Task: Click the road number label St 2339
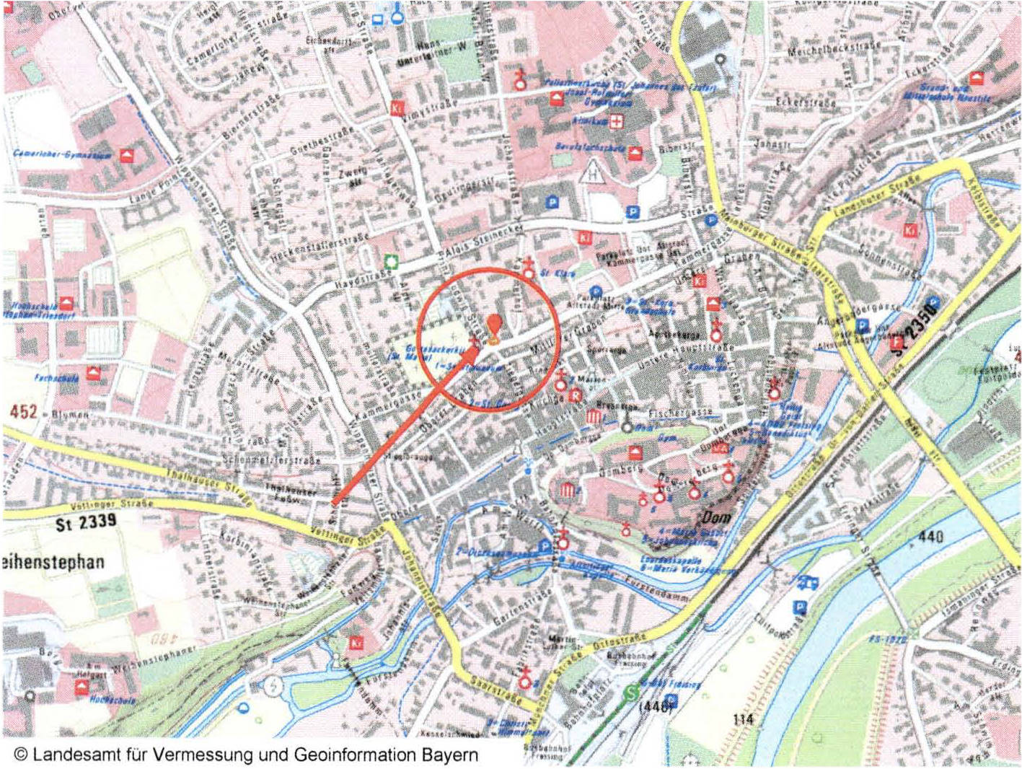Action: pyautogui.click(x=86, y=523)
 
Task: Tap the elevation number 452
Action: pyautogui.click(x=24, y=411)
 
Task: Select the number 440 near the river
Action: pyautogui.click(x=931, y=537)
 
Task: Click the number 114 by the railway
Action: pyautogui.click(x=743, y=719)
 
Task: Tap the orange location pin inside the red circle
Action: pyautogui.click(x=494, y=328)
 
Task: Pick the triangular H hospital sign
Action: pyautogui.click(x=593, y=172)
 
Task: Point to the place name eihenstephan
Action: pyautogui.click(x=54, y=562)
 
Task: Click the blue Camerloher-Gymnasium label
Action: pyautogui.click(x=62, y=154)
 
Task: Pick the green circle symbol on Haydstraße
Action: pyautogui.click(x=391, y=261)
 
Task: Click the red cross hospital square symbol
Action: pyautogui.click(x=616, y=121)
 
